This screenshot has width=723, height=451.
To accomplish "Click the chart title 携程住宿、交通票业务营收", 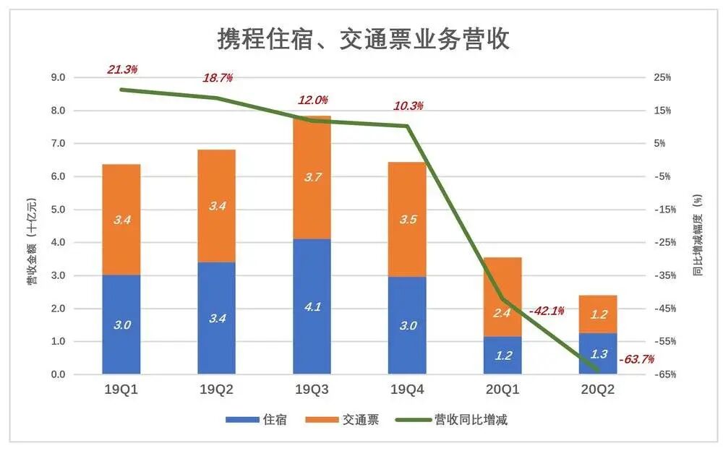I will [x=363, y=39].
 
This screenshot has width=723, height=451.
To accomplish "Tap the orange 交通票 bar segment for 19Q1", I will [x=121, y=219].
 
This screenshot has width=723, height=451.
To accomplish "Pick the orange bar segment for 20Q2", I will [x=598, y=314].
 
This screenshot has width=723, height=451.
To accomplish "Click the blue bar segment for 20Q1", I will [x=502, y=355].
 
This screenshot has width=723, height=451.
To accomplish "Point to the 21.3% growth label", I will [x=122, y=69].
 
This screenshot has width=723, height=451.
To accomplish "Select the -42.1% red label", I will [x=547, y=311].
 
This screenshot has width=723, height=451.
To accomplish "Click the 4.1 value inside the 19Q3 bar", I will [x=312, y=306].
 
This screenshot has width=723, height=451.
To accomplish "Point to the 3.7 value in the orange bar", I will [x=312, y=177].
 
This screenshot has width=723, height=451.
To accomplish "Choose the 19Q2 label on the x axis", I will [x=216, y=390].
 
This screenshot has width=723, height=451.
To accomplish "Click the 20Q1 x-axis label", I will [x=502, y=390].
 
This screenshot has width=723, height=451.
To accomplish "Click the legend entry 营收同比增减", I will [x=470, y=420].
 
